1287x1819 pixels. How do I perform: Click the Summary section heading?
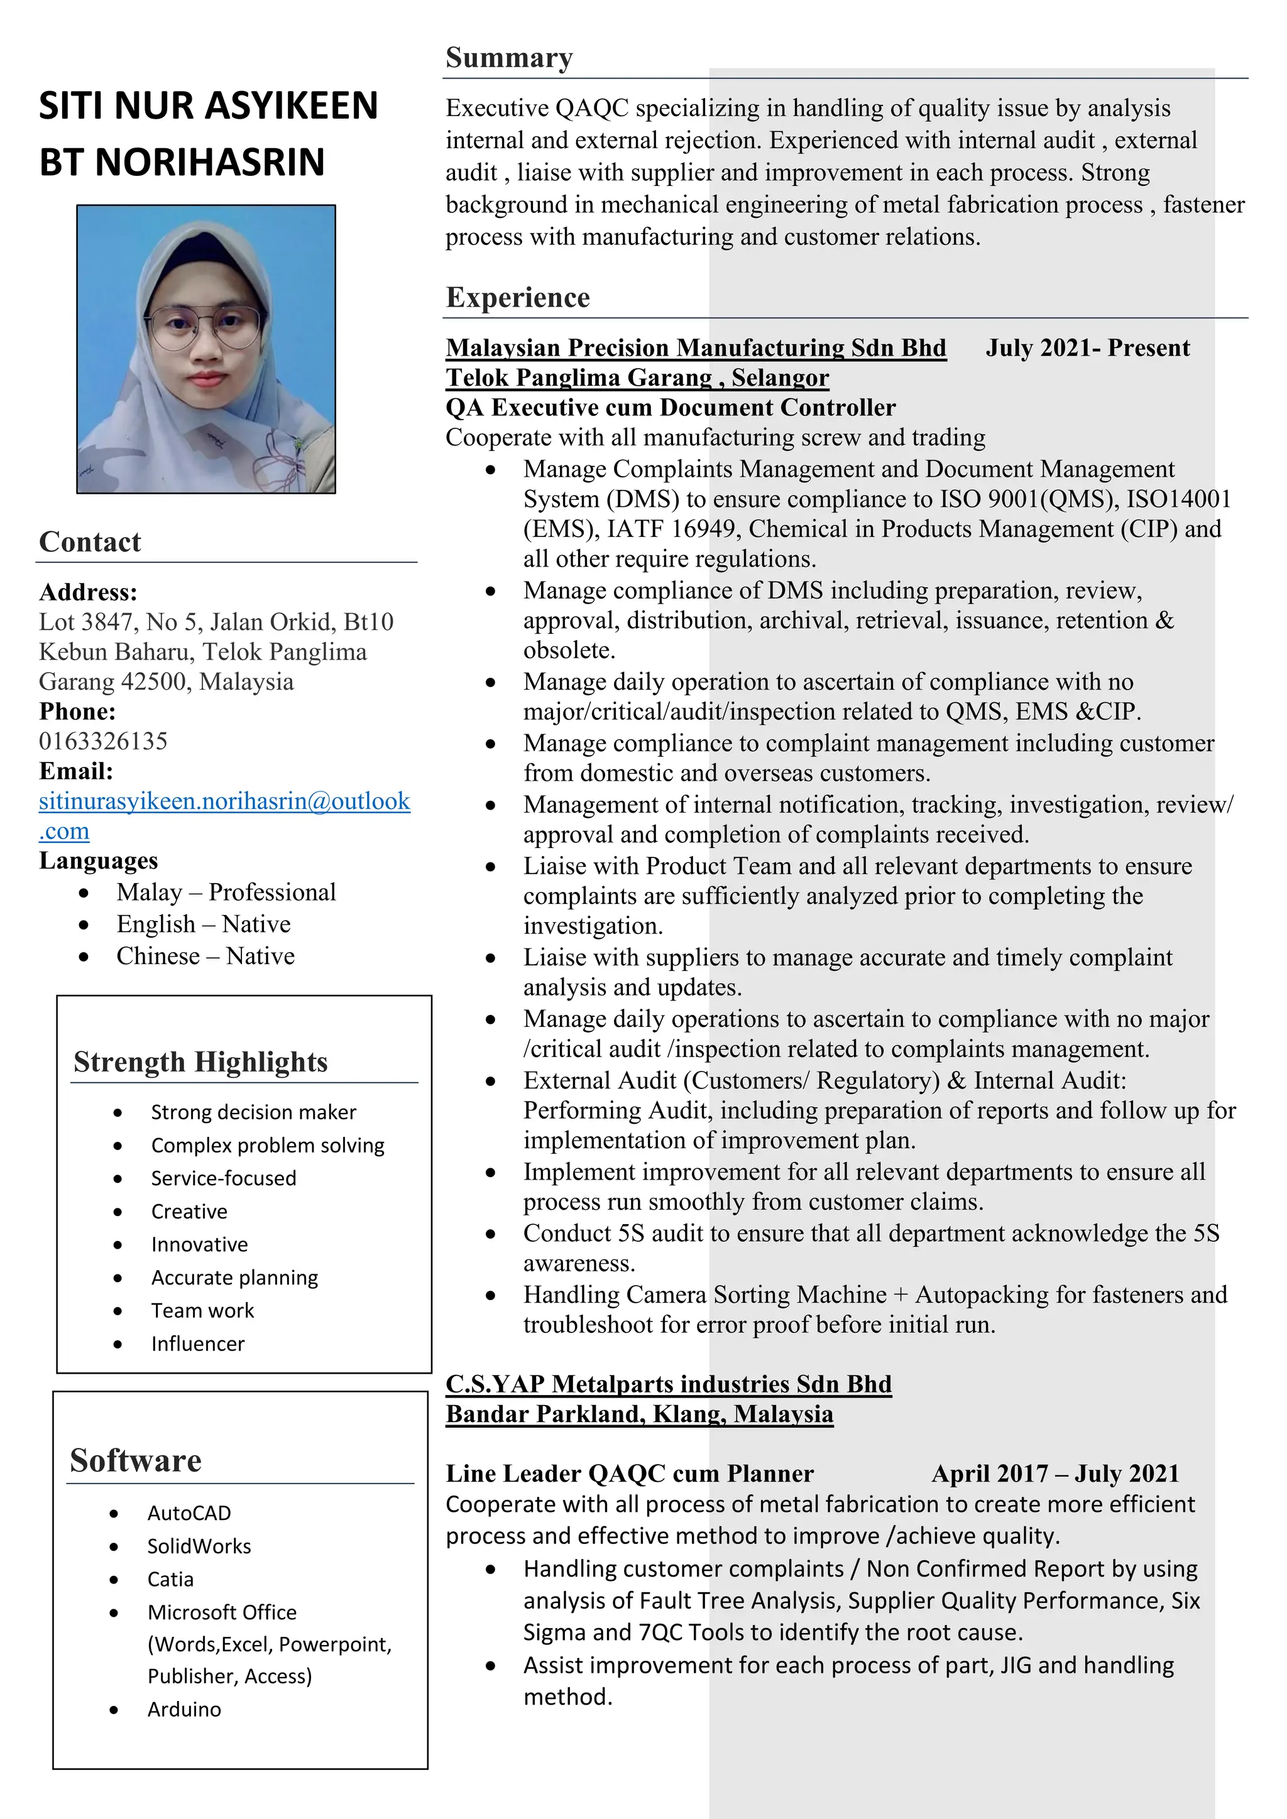pyautogui.click(x=509, y=58)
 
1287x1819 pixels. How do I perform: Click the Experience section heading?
pyautogui.click(x=517, y=297)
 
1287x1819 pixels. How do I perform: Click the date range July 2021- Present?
pyautogui.click(x=1087, y=348)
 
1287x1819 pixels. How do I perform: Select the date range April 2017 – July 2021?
pyautogui.click(x=1055, y=1474)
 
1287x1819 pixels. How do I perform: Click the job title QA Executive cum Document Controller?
pyautogui.click(x=671, y=407)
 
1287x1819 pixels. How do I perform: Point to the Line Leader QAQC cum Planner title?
pyautogui.click(x=629, y=1474)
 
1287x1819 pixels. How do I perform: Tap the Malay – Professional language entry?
pyautogui.click(x=226, y=892)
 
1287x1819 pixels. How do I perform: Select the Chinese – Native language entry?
pyautogui.click(x=205, y=956)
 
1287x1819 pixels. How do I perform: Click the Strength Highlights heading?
pyautogui.click(x=200, y=1062)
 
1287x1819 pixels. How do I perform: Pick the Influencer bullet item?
pyautogui.click(x=197, y=1344)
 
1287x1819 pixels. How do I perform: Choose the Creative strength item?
pyautogui.click(x=189, y=1212)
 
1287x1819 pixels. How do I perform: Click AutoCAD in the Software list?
pyautogui.click(x=189, y=1513)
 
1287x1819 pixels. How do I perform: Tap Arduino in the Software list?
pyautogui.click(x=184, y=1710)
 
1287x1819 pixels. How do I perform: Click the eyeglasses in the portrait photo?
pyautogui.click(x=204, y=327)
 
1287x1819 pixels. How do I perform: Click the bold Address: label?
pyautogui.click(x=88, y=592)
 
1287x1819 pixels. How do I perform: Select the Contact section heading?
pyautogui.click(x=90, y=542)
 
